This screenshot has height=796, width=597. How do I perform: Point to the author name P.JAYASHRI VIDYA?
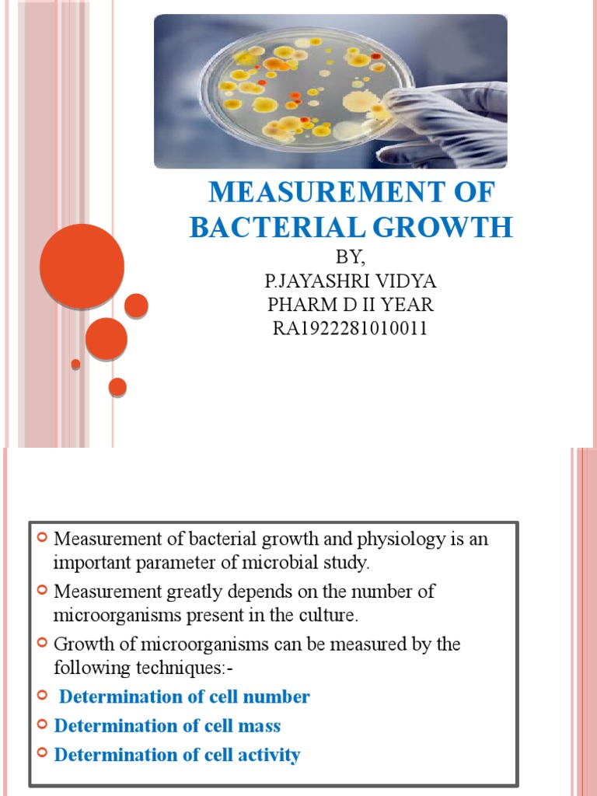(351, 281)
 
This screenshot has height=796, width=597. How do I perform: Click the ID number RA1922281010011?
(351, 329)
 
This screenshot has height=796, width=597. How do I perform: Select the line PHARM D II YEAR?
(351, 305)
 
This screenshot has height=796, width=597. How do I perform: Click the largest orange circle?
(82, 266)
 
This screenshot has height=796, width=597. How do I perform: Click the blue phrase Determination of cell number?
(185, 696)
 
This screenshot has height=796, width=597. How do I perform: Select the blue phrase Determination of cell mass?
(167, 726)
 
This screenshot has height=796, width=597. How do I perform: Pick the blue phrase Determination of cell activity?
(177, 755)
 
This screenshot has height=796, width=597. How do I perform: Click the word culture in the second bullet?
(330, 616)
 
